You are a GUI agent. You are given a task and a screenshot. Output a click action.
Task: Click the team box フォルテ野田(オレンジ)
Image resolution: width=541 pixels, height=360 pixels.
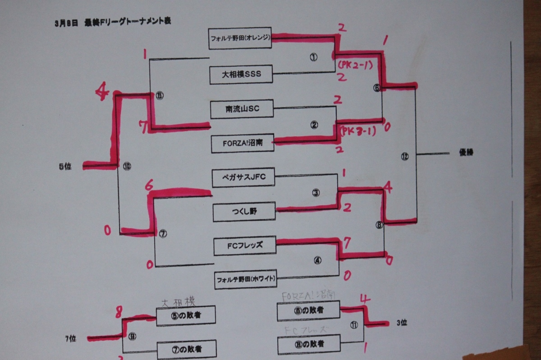tap(240, 38)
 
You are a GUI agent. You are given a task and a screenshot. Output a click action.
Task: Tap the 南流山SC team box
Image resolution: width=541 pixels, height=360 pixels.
tap(242, 109)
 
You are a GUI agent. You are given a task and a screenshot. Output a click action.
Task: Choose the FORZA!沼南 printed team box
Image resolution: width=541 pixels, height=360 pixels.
tap(243, 143)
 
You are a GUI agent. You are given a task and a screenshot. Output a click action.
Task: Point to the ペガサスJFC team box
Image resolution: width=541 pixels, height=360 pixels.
tap(243, 177)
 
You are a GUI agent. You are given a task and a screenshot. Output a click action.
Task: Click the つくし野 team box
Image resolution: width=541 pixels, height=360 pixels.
tap(243, 212)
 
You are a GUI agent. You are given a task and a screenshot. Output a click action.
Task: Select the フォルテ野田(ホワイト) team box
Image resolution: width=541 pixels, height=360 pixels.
tap(246, 279)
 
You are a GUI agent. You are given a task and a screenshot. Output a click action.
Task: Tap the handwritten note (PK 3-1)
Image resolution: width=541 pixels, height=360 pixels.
tap(358, 132)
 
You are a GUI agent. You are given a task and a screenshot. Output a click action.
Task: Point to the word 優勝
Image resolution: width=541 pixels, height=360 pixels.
tap(466, 153)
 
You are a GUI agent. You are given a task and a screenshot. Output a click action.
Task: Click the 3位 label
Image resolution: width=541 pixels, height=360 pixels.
tap(402, 322)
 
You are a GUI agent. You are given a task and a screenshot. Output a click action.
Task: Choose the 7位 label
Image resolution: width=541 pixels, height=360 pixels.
tap(70, 338)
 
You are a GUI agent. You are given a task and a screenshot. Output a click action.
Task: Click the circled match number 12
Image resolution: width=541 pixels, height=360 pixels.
tap(404, 156)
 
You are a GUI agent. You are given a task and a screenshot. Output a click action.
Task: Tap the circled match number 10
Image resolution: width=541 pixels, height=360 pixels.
tap(127, 166)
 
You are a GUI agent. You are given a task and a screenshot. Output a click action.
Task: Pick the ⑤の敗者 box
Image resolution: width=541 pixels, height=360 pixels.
tap(186, 315)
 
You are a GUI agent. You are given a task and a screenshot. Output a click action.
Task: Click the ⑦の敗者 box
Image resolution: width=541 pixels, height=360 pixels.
tap(186, 349)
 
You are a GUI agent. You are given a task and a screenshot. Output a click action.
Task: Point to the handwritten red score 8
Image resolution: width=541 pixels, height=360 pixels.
tap(119, 310)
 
